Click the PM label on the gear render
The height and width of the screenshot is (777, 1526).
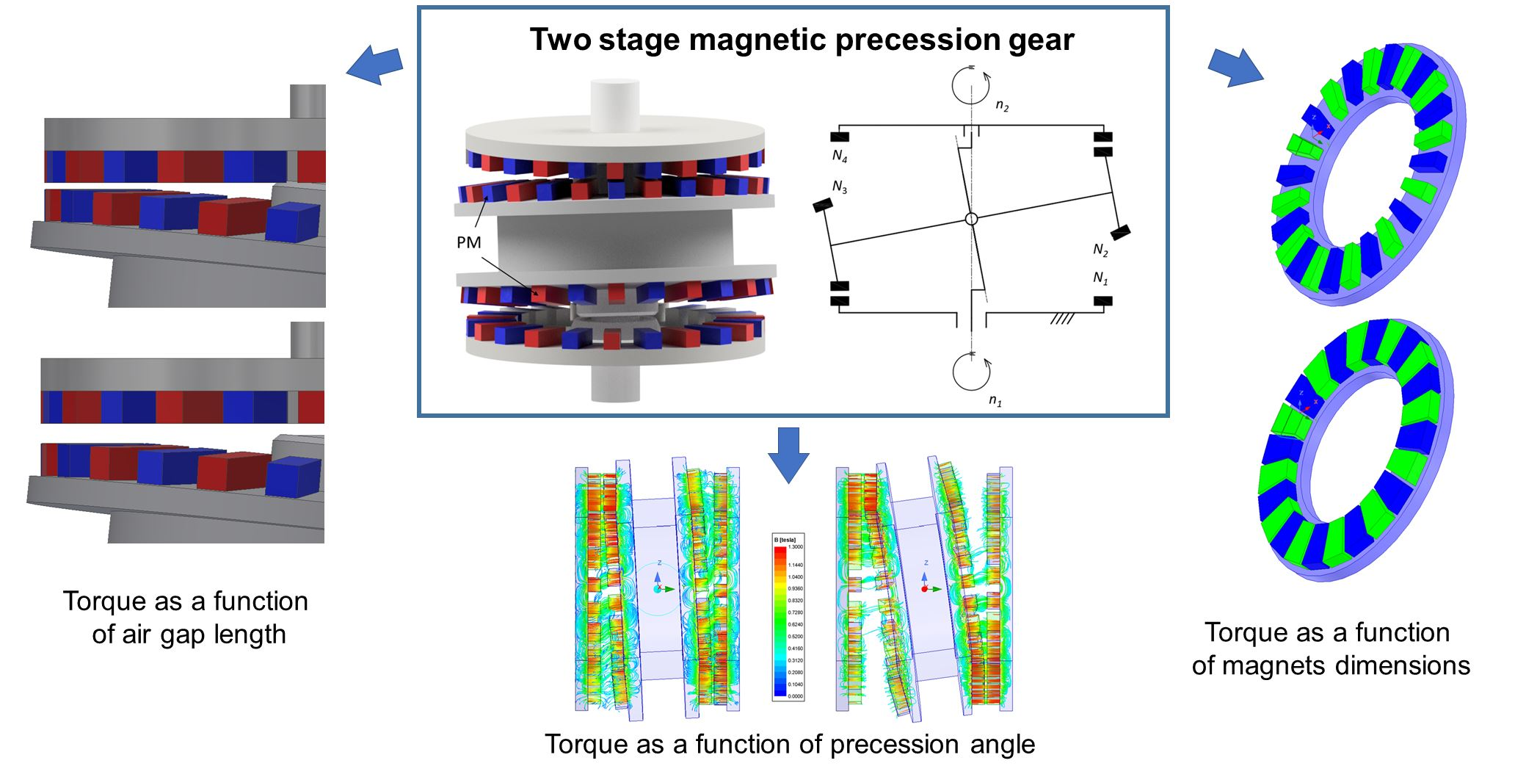[468, 242]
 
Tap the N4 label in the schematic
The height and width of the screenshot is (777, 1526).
[840, 156]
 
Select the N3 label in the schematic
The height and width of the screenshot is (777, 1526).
[840, 188]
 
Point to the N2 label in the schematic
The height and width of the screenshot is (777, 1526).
[1100, 250]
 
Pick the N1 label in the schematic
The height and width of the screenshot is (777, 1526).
[1100, 278]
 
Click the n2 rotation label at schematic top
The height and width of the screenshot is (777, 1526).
[1002, 106]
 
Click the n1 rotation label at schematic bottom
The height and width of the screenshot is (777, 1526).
[995, 401]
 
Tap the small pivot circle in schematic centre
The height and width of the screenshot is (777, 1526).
[971, 219]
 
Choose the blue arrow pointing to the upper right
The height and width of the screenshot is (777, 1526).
[1236, 68]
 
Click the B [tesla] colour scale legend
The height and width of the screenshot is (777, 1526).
[788, 617]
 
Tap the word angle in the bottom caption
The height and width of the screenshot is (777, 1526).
[1003, 745]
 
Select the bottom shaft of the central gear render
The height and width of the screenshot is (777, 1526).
[615, 382]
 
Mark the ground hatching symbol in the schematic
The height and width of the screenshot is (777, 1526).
[1061, 319]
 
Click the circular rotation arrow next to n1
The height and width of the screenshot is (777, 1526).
[971, 372]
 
